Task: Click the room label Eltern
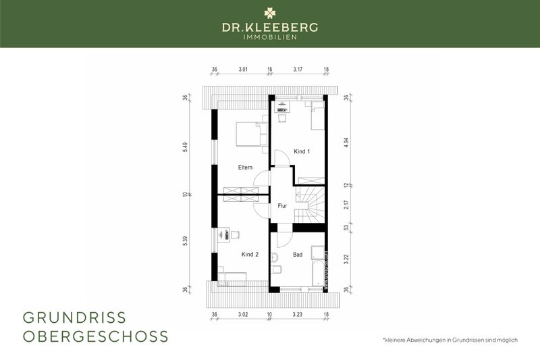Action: pos(244,167)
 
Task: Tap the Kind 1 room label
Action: pos(302,151)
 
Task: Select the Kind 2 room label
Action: pos(250,255)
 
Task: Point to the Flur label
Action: pos(283,205)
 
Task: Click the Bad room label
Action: pos(298,255)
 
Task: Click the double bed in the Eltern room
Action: pos(248,134)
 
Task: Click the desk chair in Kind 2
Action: pos(234,234)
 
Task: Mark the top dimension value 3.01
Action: pos(243,69)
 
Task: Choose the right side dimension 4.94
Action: pos(346,143)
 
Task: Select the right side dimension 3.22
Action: pos(346,259)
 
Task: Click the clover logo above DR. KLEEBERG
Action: pos(270,12)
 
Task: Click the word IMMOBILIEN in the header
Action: pos(270,37)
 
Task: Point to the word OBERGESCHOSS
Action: pos(95,336)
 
